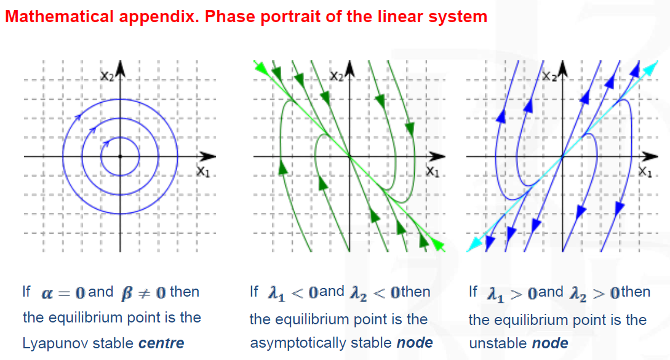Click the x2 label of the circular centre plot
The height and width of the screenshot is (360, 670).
coord(108,76)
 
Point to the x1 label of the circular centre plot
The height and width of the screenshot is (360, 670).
coord(204,172)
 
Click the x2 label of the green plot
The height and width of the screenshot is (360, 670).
coord(337,76)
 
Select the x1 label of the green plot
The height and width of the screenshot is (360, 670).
coord(433,172)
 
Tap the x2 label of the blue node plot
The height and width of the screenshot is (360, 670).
coord(549,76)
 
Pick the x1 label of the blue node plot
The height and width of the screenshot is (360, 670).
coord(645,172)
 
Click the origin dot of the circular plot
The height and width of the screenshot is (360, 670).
coord(120,156)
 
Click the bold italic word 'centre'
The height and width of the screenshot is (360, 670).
coord(162,343)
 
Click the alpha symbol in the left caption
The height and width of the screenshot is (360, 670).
coord(47,294)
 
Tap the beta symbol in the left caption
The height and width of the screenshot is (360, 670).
coord(127,294)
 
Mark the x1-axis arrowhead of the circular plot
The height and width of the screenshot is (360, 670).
coord(208,156)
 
